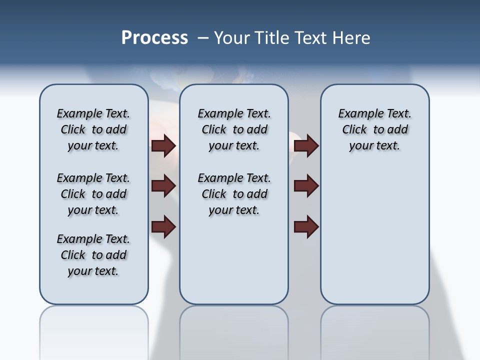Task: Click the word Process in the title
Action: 154,38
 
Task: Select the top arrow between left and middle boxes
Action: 163,145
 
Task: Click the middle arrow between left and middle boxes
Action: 163,186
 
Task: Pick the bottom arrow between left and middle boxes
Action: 163,226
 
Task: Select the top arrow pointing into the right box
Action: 306,145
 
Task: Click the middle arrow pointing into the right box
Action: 306,186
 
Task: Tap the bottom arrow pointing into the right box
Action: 306,226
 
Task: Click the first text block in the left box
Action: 93,129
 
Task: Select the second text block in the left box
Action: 93,194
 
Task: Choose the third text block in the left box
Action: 93,255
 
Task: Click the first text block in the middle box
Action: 234,129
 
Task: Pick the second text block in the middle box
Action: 234,194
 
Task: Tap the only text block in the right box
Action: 375,129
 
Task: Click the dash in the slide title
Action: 203,38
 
